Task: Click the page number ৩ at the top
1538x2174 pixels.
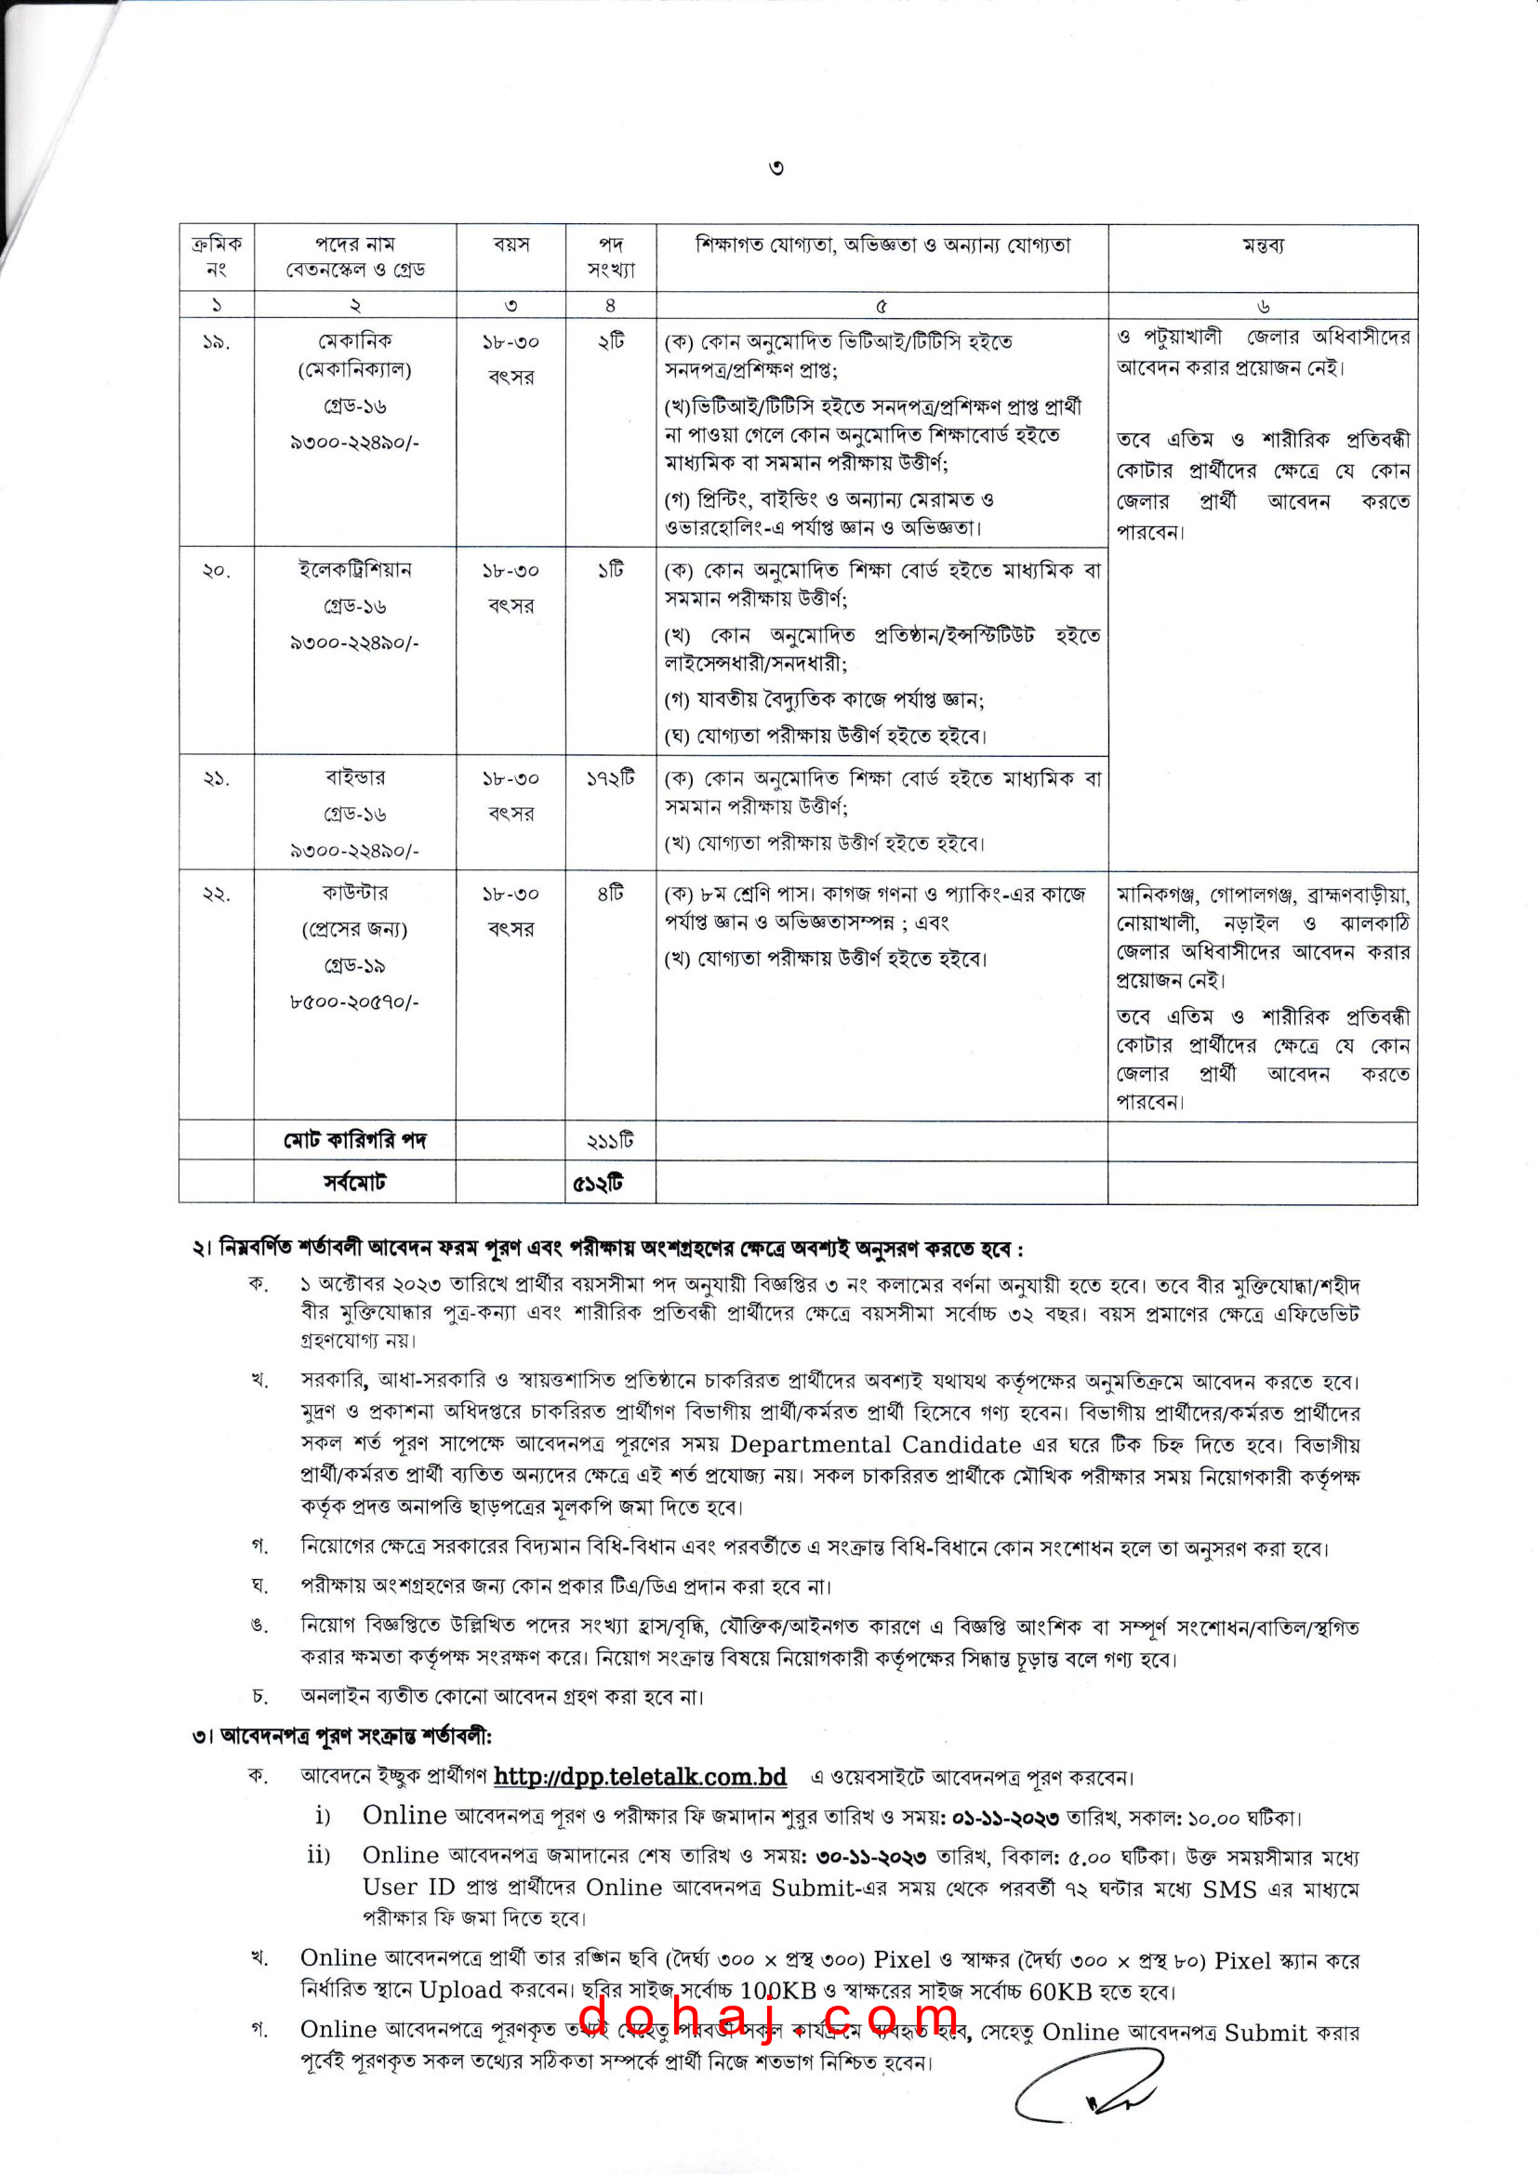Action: coord(776,168)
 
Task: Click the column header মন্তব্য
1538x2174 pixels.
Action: coord(1263,245)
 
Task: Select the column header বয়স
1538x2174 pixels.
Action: coord(511,245)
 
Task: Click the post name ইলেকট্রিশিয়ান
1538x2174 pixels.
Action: coord(355,570)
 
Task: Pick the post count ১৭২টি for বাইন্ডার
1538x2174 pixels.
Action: coord(611,778)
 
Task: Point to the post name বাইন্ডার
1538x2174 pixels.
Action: coord(355,778)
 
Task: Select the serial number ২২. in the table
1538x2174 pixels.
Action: coord(216,894)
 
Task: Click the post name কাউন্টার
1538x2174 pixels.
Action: coord(355,893)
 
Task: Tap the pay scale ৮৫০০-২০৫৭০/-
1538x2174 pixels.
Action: coord(355,1001)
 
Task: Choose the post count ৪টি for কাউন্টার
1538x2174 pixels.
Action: coord(611,894)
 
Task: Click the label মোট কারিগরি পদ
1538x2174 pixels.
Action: coord(355,1141)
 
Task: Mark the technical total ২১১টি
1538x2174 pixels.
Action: coord(611,1142)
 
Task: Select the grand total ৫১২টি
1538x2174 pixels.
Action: coord(599,1184)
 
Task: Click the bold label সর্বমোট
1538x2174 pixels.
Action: coord(355,1183)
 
